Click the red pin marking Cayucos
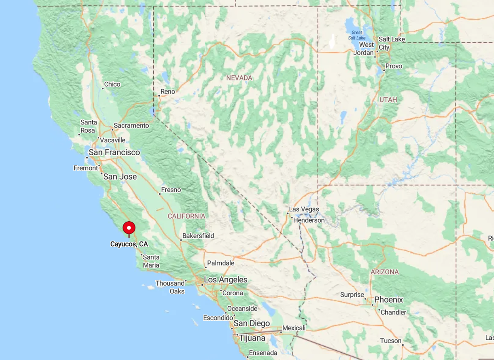129,228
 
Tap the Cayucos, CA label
129,244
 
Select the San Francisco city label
114,152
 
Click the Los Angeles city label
225,280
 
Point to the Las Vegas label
304,209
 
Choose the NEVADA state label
239,78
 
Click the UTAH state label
388,100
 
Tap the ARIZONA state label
385,272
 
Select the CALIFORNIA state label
186,216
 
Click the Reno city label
168,91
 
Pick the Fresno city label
171,190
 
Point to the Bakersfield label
198,236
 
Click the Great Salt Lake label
357,35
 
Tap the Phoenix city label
388,300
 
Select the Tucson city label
391,341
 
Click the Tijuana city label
252,338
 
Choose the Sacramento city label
131,125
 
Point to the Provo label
393,66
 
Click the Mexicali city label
294,328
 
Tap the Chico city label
112,84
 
